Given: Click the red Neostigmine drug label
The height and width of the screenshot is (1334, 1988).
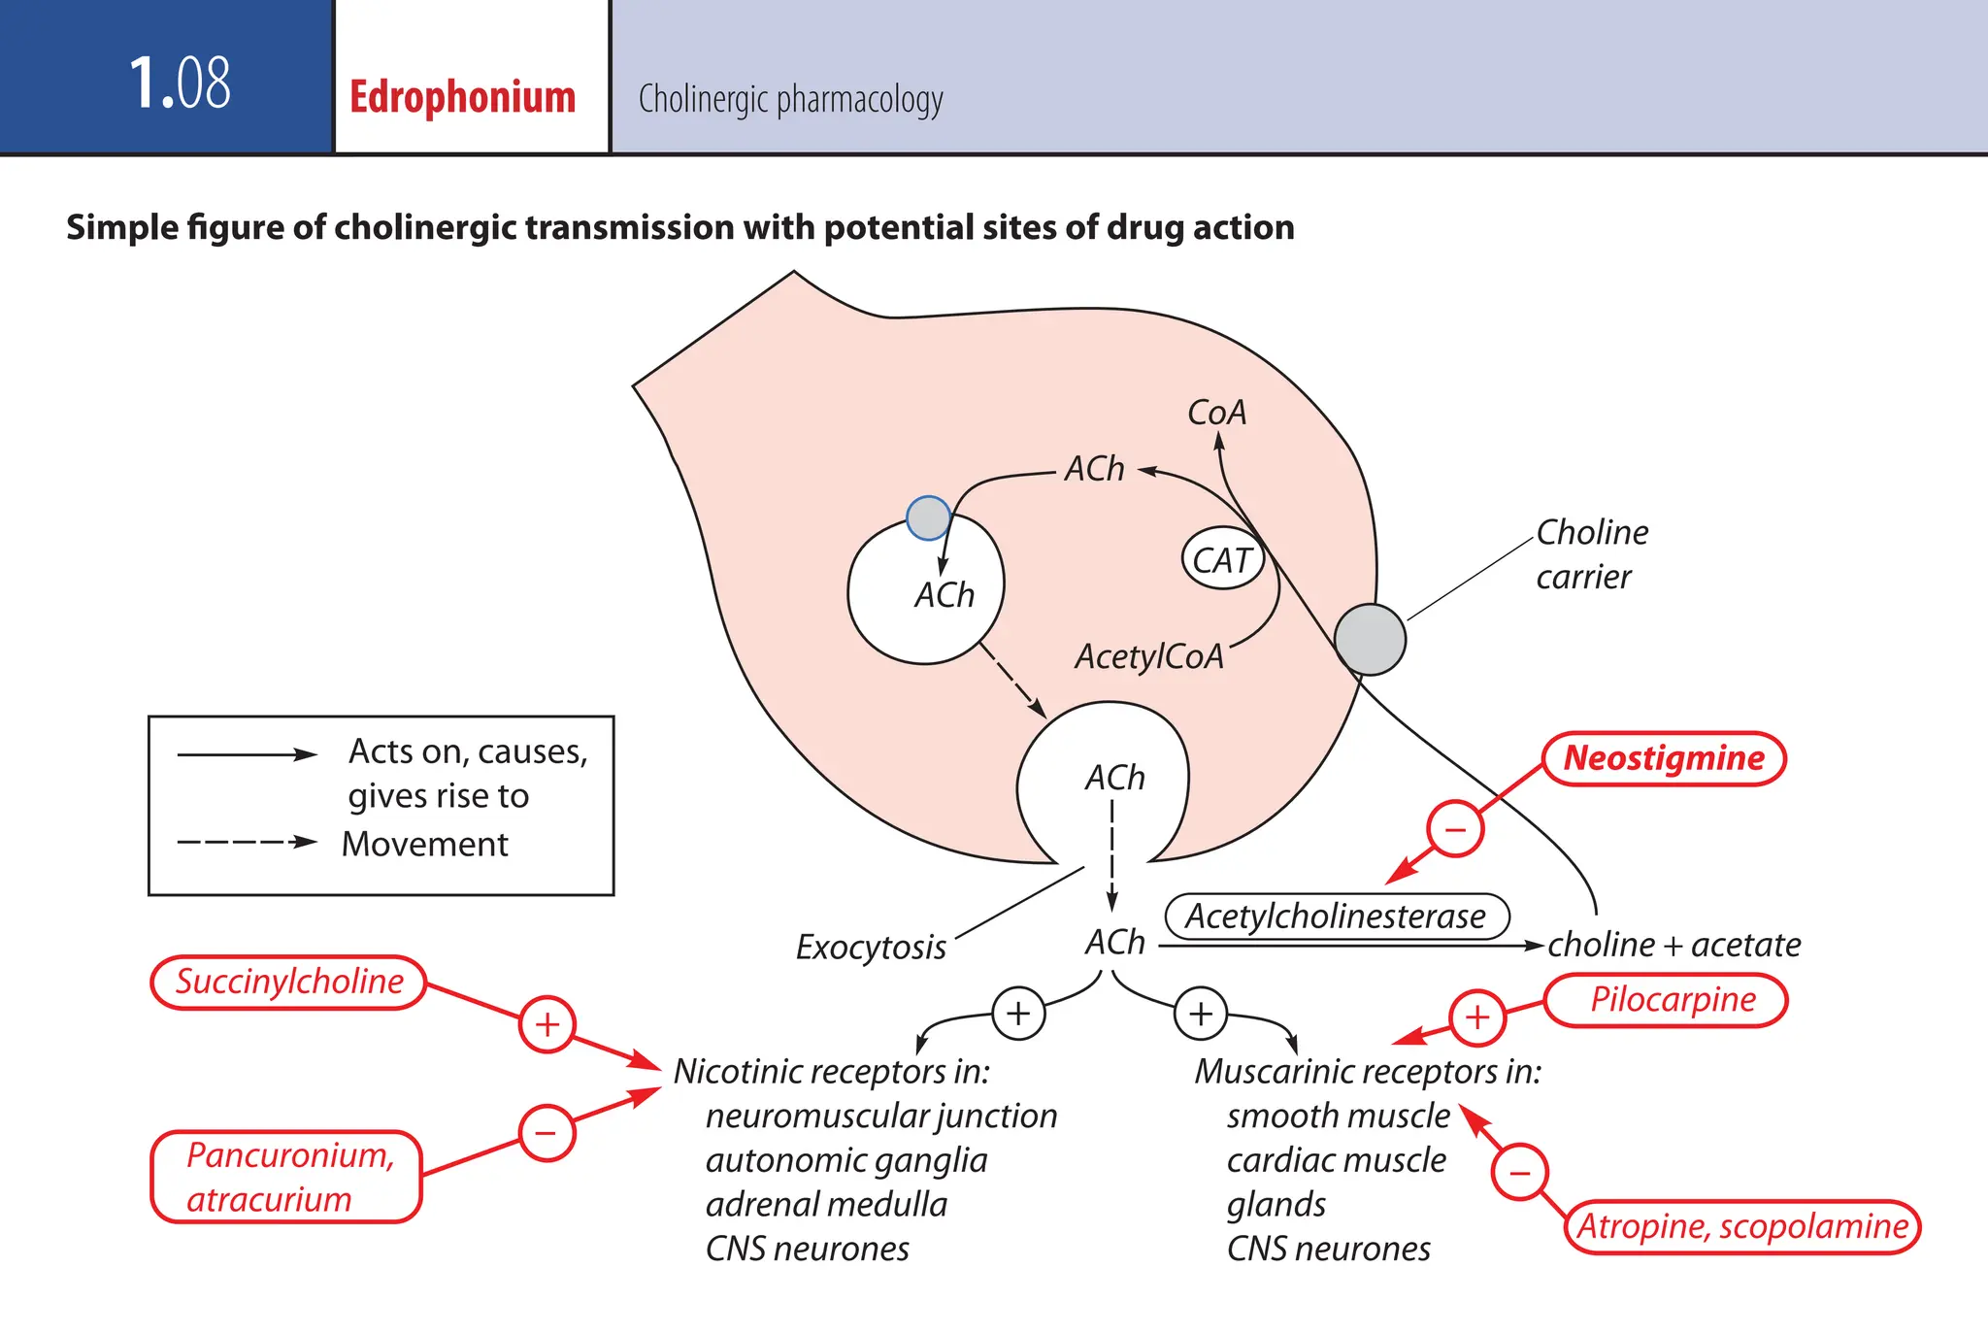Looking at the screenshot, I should click(1664, 758).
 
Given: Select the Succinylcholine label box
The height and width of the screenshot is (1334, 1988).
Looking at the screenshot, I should click(289, 982).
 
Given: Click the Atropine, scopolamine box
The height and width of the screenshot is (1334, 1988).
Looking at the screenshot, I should click(1742, 1226).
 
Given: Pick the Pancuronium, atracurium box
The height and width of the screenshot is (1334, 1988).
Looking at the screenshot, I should click(287, 1177).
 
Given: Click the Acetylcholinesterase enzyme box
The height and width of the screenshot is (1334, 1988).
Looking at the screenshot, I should click(1336, 916).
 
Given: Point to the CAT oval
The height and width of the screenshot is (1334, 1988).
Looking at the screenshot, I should click(1222, 560).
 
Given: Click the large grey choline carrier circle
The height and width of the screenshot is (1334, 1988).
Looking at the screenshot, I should click(1370, 639).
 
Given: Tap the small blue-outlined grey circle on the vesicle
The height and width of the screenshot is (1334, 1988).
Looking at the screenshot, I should click(928, 517).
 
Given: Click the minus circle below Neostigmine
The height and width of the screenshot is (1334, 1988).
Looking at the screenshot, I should click(1454, 829).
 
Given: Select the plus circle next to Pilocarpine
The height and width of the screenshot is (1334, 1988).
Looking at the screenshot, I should click(1476, 1017).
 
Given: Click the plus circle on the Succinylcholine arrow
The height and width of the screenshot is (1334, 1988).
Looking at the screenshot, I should click(547, 1024).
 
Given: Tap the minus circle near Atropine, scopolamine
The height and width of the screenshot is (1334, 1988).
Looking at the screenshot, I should click(1519, 1172).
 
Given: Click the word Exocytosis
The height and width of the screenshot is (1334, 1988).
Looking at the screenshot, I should click(871, 947).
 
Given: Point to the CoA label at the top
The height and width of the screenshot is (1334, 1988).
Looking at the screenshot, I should click(1216, 413).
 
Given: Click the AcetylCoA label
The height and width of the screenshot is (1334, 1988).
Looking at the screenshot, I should click(1149, 656).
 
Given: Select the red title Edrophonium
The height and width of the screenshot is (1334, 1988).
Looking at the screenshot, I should click(462, 97).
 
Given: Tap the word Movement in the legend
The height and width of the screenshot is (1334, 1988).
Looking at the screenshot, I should click(424, 844).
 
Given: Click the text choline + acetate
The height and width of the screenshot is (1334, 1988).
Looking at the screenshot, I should click(1673, 945).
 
